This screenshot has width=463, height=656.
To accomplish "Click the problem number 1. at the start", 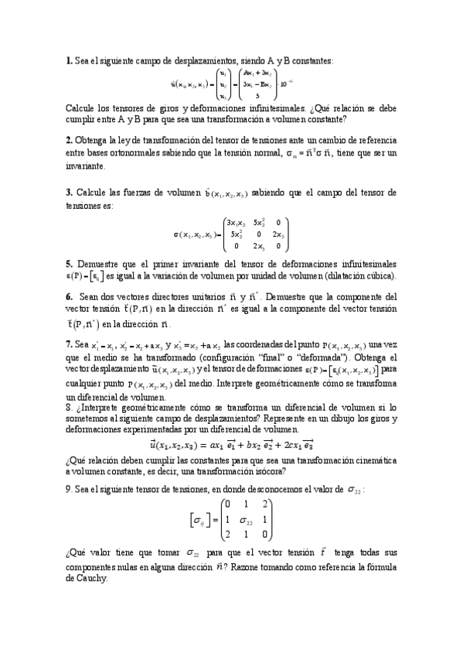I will (69, 61).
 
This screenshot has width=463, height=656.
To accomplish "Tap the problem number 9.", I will (69, 489).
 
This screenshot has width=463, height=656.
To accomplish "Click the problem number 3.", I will (69, 192).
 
